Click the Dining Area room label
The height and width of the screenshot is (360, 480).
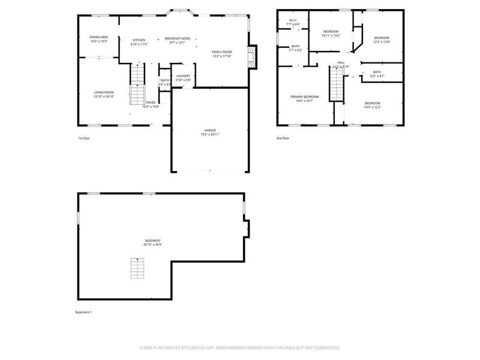[98, 37]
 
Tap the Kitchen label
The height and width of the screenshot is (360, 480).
[139, 40]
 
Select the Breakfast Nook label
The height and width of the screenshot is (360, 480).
[178, 38]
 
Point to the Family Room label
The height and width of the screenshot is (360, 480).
[221, 52]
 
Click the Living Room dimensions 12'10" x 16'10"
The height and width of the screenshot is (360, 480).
[103, 97]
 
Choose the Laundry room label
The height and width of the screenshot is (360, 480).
[183, 76]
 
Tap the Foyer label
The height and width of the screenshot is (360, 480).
[151, 103]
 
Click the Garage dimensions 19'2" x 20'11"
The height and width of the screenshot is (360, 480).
[209, 134]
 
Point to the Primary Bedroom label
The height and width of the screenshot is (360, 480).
[304, 97]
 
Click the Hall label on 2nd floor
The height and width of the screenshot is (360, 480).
[341, 62]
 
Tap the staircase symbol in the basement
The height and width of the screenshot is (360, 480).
[138, 268]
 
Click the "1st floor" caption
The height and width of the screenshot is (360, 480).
[84, 139]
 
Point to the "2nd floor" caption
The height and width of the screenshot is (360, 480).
[283, 139]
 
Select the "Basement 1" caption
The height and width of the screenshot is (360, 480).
[83, 313]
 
